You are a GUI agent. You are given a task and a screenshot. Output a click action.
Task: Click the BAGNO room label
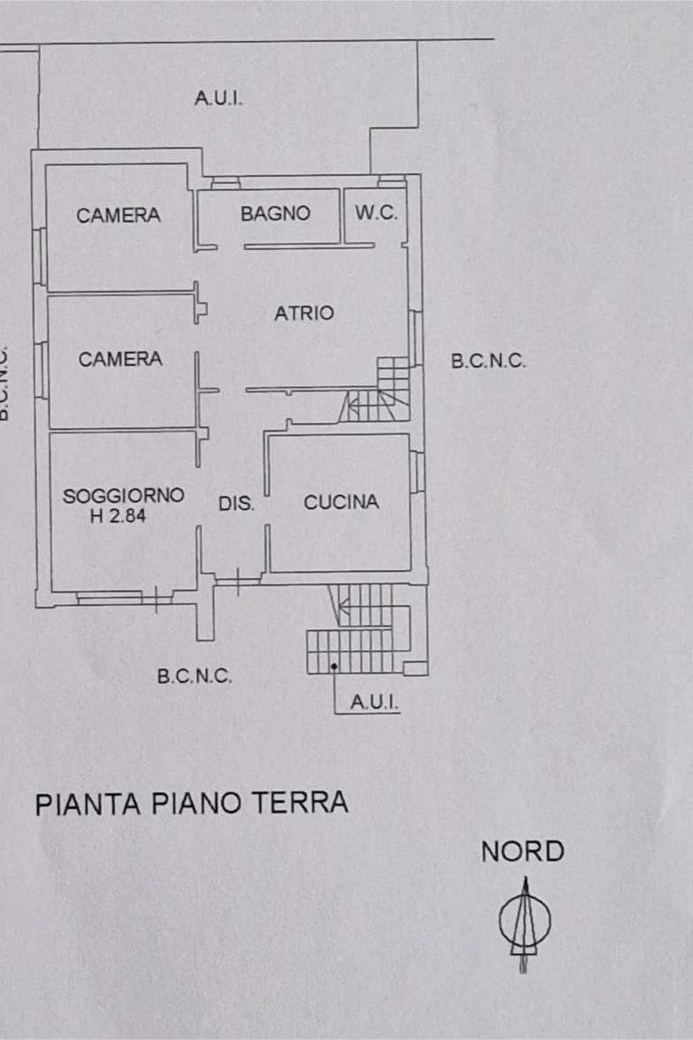[275, 213]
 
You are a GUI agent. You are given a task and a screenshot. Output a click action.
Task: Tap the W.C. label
[376, 213]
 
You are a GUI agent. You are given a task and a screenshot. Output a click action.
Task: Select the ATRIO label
[304, 313]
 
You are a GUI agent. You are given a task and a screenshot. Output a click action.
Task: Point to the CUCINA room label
[342, 502]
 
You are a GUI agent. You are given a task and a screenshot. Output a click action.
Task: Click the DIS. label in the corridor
[237, 504]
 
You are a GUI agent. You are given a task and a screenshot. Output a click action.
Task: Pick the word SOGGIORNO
[123, 496]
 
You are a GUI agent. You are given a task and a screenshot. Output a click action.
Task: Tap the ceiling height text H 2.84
[118, 515]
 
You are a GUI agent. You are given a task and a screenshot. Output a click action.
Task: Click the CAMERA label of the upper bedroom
[118, 215]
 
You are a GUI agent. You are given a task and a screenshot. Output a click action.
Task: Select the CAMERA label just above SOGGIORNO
[120, 359]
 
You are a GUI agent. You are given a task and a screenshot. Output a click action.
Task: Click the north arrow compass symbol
[524, 924]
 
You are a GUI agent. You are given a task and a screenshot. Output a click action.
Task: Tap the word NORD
[523, 852]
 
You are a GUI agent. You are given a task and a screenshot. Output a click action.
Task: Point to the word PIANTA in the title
[88, 804]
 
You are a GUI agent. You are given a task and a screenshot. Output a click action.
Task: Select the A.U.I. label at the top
[218, 99]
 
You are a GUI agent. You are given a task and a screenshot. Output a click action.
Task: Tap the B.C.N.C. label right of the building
[488, 361]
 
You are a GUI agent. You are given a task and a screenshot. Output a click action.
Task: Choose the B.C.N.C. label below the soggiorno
[195, 677]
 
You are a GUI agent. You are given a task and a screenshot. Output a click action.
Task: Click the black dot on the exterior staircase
[334, 666]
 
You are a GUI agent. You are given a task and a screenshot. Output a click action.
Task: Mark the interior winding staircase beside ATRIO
[375, 390]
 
